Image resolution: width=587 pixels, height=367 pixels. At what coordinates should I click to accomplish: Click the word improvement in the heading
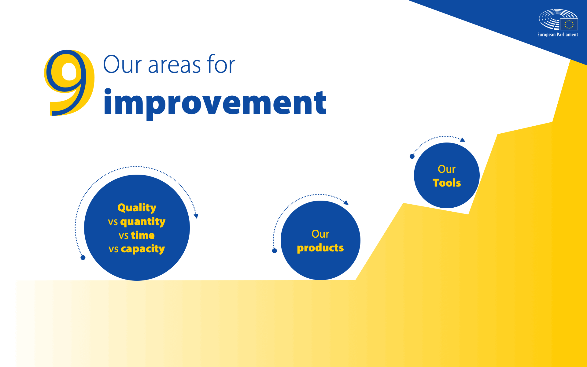click(215, 103)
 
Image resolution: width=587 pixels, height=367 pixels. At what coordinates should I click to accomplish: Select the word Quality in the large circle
click(137, 208)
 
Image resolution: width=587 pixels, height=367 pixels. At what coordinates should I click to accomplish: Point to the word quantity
click(143, 222)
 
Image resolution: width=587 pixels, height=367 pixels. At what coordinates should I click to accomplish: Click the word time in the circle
click(143, 235)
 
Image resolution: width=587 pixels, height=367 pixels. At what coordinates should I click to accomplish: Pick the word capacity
click(143, 249)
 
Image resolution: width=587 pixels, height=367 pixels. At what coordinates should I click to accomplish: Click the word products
click(320, 248)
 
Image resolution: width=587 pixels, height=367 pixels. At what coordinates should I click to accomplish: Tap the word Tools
click(447, 183)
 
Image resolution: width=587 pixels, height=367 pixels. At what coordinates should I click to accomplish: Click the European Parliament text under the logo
click(558, 35)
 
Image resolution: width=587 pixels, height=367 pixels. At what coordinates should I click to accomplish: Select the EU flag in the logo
click(569, 24)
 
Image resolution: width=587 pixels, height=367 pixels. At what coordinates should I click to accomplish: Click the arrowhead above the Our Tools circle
click(463, 140)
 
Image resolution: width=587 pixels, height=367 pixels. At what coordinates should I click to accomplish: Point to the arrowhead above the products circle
click(346, 202)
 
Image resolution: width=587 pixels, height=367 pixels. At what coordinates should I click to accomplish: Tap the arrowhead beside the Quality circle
click(196, 216)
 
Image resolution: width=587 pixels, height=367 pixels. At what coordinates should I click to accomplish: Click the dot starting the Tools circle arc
click(412, 156)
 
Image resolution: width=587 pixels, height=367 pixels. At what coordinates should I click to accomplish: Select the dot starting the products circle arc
click(275, 251)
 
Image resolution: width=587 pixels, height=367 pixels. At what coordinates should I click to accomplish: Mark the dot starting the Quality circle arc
click(83, 258)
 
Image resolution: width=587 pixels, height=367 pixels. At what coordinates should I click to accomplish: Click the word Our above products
click(320, 234)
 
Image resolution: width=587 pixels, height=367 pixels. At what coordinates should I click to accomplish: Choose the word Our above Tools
click(447, 169)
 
